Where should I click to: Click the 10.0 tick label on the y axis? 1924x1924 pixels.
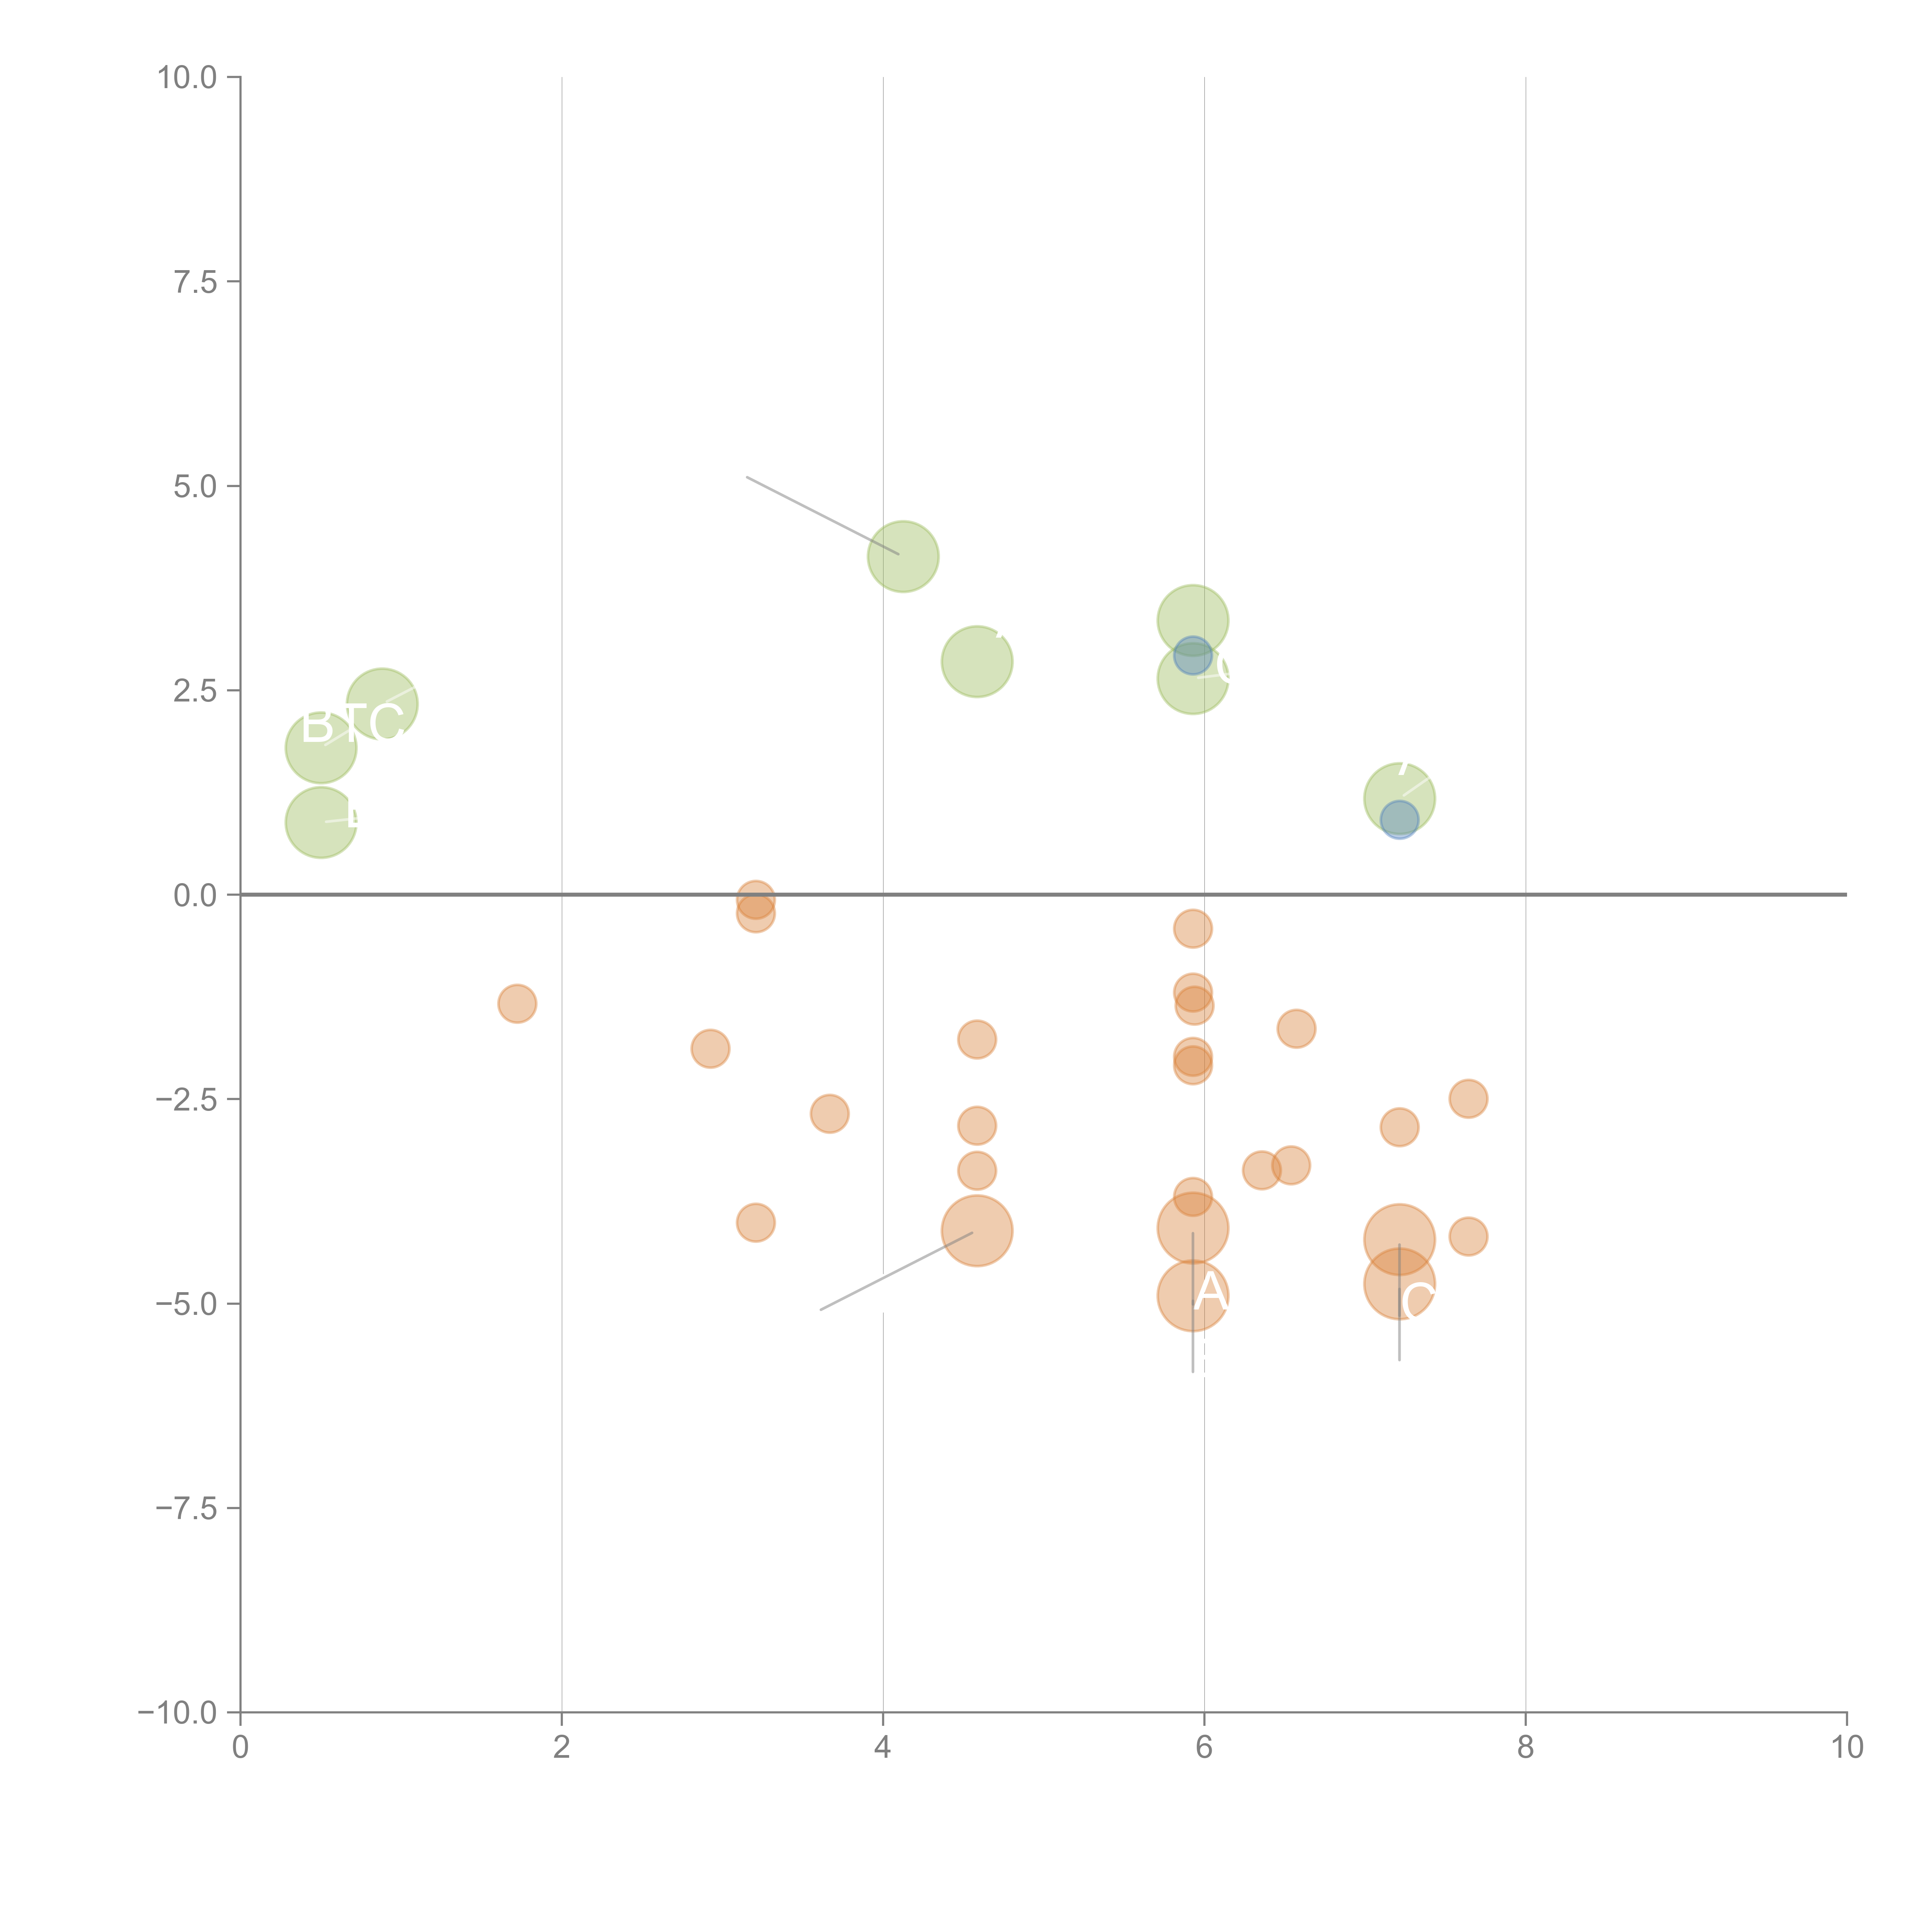(187, 78)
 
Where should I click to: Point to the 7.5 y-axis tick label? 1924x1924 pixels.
(195, 282)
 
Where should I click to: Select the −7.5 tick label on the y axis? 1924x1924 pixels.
(187, 1508)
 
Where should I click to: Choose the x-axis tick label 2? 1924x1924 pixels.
(562, 1748)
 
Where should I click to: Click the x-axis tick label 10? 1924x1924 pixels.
(1846, 1748)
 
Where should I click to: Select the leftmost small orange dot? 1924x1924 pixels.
(517, 1004)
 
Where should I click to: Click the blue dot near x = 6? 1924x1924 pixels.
(1192, 655)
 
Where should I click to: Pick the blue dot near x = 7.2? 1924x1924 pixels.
(1399, 820)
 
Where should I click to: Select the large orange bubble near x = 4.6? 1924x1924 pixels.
(977, 1231)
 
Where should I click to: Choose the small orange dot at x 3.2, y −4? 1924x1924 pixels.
(756, 1223)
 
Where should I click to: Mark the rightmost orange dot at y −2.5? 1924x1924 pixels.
(1468, 1099)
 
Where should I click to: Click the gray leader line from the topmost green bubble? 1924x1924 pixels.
(822, 515)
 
